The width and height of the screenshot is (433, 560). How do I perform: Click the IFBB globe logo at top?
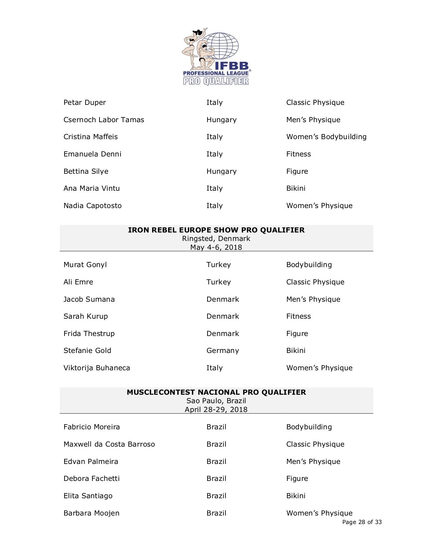216,56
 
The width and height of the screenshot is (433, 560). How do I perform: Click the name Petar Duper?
85,102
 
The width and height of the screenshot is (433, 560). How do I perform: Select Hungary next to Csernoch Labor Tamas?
221,120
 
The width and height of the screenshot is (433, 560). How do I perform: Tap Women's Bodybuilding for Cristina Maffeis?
326,137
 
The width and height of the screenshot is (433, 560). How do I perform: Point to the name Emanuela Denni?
92,154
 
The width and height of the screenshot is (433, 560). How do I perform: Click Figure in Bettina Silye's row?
297,171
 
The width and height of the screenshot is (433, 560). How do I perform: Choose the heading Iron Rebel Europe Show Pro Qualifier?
216,230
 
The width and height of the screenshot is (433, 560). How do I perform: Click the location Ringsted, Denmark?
216,239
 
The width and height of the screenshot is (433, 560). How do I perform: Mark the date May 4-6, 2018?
216,247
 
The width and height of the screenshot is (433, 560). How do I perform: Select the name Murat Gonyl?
85,265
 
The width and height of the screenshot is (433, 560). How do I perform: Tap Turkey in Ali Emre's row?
218,282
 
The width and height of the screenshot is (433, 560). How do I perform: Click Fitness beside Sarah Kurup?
298,316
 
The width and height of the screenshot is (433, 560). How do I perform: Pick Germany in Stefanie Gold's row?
222,351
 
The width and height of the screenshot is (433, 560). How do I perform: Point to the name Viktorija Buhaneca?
96,368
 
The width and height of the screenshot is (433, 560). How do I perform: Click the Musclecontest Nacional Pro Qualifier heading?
216,392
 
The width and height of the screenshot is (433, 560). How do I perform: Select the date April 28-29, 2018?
216,409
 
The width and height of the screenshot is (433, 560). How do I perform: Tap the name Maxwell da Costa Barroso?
109,444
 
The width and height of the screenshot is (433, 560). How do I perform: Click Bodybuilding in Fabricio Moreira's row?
309,427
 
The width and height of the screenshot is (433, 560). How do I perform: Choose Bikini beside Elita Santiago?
295,496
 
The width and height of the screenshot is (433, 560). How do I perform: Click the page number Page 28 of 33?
362,522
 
